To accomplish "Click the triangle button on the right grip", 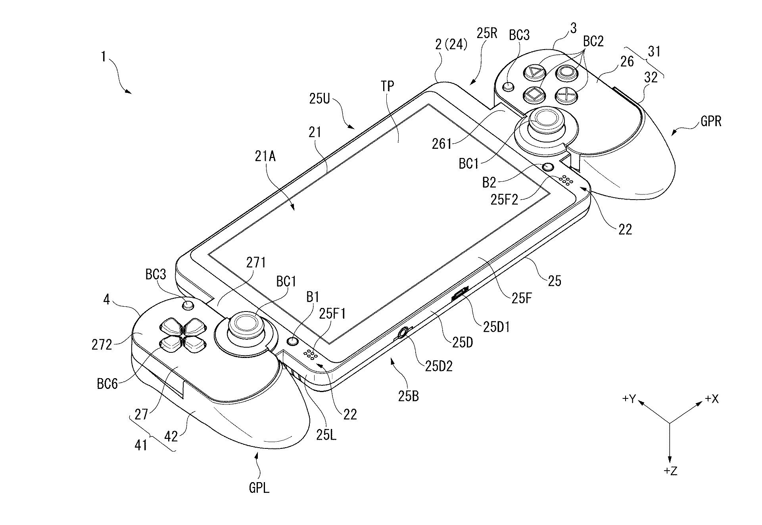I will click(x=535, y=73).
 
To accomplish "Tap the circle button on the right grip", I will click(x=566, y=72).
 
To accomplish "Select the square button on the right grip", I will click(x=534, y=94).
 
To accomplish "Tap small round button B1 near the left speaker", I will click(x=293, y=341).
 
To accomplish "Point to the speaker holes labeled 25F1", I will click(x=312, y=355).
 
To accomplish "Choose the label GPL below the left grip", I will click(x=259, y=487).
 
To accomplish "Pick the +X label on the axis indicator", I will click(x=712, y=399).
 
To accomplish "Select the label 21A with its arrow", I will click(x=266, y=157).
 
